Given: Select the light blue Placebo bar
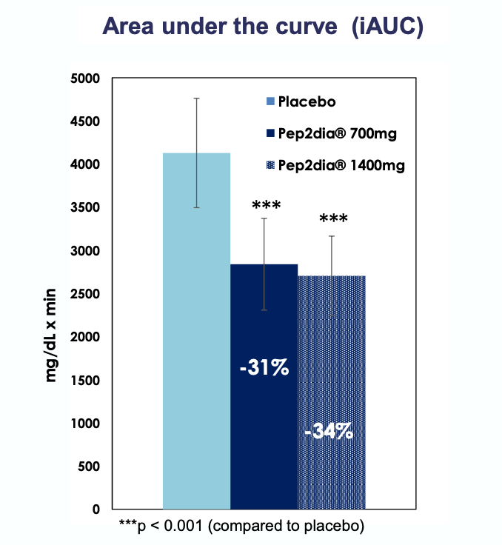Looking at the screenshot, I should (x=196, y=333).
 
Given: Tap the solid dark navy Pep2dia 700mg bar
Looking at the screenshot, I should (x=264, y=429).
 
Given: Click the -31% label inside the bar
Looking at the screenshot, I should (x=264, y=367).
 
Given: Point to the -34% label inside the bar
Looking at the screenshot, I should (x=330, y=431).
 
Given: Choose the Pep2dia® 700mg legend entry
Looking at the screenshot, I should (x=329, y=133).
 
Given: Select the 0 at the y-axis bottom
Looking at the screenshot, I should (x=96, y=509).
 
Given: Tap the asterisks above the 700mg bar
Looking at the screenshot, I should (x=264, y=205).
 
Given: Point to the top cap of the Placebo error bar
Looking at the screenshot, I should (x=196, y=98).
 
